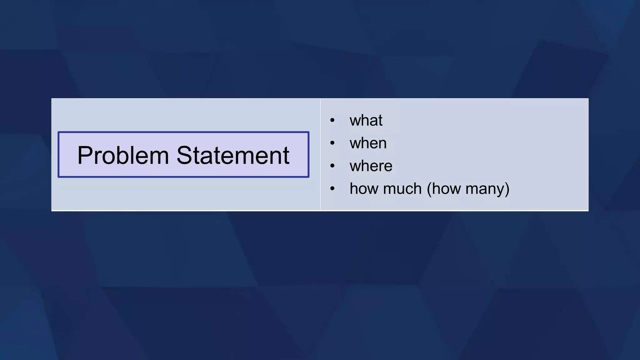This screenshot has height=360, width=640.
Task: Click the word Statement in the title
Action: point(233,155)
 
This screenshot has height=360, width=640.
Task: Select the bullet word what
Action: point(366,120)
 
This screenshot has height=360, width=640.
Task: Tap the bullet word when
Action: point(368,143)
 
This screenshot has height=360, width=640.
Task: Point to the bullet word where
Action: point(371,166)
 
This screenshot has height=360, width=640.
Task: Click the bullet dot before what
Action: point(332,120)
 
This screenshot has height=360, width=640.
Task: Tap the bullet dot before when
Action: point(332,143)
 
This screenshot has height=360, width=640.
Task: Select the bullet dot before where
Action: point(332,166)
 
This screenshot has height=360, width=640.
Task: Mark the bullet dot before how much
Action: point(332,189)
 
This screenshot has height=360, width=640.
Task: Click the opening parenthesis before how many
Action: point(429,189)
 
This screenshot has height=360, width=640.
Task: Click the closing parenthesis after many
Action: point(507,189)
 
